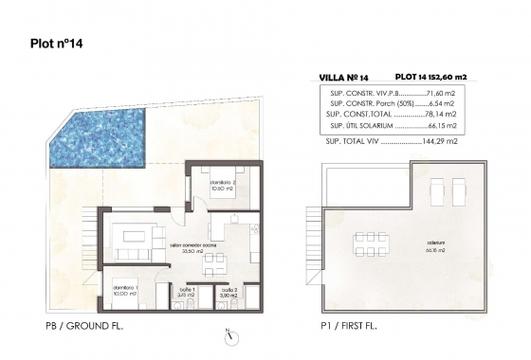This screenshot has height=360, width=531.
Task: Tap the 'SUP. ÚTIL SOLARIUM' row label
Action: [x=361, y=125]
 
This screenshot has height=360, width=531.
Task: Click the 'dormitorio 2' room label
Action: [x=222, y=182]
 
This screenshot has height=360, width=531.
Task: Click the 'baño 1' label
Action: [x=186, y=289]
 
